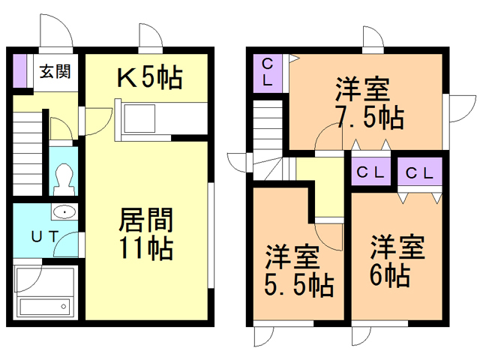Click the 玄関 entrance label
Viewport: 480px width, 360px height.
pos(55,71)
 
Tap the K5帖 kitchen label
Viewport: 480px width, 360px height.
pos(150,76)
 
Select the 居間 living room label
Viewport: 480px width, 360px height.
pos(146,220)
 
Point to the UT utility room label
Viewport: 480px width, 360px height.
pos(45,237)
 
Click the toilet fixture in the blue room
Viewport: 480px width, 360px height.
pos(64,180)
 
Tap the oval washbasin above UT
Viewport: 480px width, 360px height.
pos(64,211)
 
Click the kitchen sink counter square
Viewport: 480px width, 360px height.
pos(139,118)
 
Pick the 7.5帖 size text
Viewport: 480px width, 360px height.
pos(370,117)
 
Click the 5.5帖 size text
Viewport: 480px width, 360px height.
pos(299,285)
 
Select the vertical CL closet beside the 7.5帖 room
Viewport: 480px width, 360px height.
pos(267,73)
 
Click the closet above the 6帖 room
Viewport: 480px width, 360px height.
pos(420,172)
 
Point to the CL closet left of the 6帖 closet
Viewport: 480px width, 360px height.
pos(370,172)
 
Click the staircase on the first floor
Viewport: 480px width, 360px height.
pos(28,153)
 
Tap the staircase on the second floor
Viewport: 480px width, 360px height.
pos(268,139)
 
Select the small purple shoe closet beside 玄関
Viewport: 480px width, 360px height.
pos(19,70)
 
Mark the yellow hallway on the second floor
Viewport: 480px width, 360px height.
pos(325,187)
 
